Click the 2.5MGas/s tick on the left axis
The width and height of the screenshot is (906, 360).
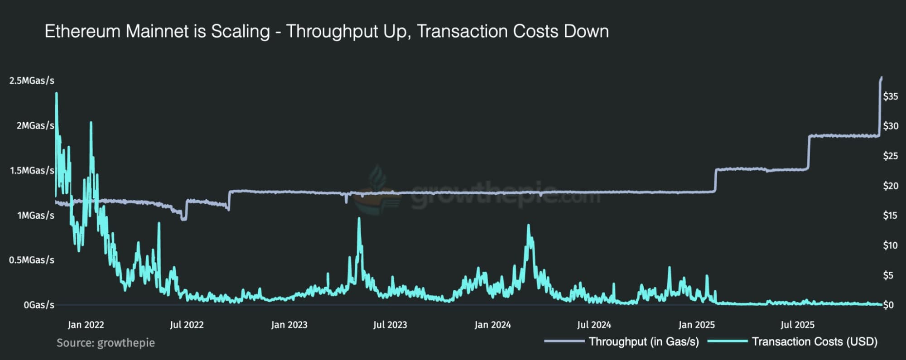point(32,81)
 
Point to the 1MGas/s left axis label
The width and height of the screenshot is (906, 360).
point(36,216)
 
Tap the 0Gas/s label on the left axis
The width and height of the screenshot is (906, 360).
point(39,305)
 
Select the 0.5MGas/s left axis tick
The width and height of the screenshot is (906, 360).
point(32,260)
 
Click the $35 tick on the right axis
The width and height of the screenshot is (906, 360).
point(890,96)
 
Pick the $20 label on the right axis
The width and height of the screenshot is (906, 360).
point(890,186)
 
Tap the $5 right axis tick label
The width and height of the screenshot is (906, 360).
point(888,275)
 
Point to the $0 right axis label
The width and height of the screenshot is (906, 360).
point(888,305)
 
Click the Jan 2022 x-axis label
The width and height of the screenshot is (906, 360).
point(86,325)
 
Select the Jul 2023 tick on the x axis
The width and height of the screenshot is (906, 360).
point(390,325)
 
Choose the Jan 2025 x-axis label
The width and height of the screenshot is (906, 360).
point(696,325)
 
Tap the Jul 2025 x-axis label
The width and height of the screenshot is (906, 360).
point(797,325)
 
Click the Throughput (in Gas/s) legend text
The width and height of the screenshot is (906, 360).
point(644,342)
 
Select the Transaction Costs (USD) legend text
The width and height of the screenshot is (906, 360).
point(814,342)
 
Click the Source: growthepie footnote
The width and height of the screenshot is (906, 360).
point(106,343)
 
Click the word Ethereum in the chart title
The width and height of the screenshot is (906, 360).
point(82,32)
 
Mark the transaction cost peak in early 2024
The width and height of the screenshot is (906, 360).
point(528,225)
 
